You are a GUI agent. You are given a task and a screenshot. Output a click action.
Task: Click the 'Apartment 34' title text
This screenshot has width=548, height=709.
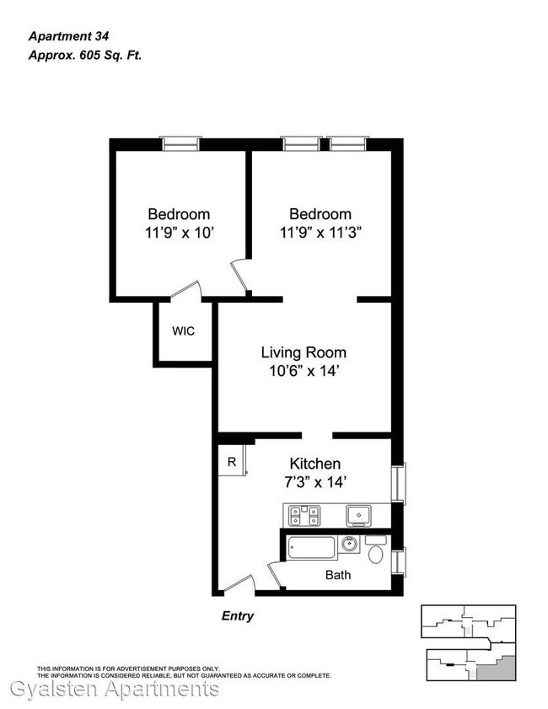click(69, 36)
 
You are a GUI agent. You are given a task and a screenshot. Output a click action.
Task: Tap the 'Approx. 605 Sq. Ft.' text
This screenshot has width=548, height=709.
click(85, 56)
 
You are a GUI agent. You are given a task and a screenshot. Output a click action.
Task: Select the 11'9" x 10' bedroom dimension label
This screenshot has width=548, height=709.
click(179, 233)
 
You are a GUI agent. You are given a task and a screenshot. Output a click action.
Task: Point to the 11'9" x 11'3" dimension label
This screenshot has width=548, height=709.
click(320, 233)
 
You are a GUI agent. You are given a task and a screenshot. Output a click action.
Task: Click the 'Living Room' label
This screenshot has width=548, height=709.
click(304, 352)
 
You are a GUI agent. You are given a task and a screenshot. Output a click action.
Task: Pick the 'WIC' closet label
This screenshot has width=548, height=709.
click(183, 331)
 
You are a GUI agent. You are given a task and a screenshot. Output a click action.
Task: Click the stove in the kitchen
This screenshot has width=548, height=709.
click(304, 515)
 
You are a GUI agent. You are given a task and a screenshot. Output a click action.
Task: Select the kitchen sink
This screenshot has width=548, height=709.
click(358, 516)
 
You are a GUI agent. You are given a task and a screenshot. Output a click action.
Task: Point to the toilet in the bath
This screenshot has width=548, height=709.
click(376, 551)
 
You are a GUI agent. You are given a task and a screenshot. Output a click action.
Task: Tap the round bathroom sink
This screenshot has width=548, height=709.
click(349, 544)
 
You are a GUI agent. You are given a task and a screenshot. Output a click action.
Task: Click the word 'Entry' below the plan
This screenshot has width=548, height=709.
click(238, 616)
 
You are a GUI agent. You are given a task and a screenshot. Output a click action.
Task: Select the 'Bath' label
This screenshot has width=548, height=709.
click(338, 575)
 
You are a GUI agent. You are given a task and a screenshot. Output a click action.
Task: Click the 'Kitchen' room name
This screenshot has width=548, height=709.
click(314, 464)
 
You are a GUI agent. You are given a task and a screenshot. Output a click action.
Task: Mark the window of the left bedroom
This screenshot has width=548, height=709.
click(181, 144)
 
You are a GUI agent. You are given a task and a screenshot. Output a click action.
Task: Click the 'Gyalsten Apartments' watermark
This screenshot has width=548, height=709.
click(115, 690)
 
